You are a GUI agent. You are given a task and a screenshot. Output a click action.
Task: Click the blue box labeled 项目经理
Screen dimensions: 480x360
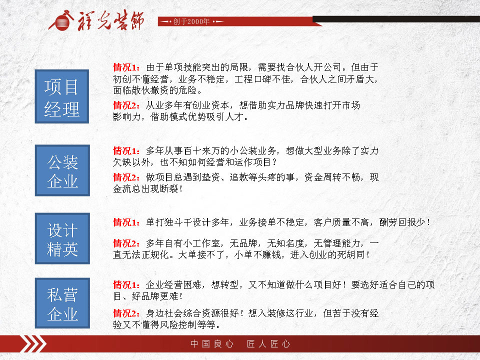(x=62, y=96)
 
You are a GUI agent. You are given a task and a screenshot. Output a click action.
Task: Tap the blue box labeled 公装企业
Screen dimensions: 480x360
(x=62, y=170)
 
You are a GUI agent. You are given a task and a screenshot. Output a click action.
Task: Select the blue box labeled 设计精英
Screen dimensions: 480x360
(x=62, y=238)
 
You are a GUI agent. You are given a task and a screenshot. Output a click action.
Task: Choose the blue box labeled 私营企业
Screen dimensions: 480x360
(x=62, y=303)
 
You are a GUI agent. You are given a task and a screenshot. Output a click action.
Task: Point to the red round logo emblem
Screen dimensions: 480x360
(x=61, y=21)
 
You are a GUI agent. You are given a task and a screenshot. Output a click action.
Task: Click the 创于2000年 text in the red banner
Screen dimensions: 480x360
(x=191, y=21)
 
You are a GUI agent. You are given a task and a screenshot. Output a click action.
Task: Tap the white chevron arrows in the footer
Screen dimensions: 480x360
(x=33, y=344)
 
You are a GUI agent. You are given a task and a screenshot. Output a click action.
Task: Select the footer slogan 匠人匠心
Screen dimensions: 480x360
(x=268, y=344)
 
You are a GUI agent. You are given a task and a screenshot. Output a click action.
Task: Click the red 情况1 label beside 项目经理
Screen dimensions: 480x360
(x=126, y=67)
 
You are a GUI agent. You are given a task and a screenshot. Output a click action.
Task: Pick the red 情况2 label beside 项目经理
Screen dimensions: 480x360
(x=126, y=105)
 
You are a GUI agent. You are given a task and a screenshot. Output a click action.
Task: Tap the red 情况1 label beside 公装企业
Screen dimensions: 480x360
(x=126, y=150)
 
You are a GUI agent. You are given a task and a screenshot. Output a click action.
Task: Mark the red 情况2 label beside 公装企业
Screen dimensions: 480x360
(x=126, y=177)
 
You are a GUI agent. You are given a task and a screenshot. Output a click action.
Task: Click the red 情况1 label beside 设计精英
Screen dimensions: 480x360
(x=126, y=222)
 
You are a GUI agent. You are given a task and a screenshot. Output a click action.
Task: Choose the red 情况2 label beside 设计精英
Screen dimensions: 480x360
(x=126, y=243)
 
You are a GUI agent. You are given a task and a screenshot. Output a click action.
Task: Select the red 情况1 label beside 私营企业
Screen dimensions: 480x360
(x=126, y=285)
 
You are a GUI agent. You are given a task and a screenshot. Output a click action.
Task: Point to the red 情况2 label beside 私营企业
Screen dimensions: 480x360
(x=126, y=313)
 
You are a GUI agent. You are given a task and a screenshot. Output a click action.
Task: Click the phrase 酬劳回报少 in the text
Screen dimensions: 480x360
(x=402, y=222)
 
